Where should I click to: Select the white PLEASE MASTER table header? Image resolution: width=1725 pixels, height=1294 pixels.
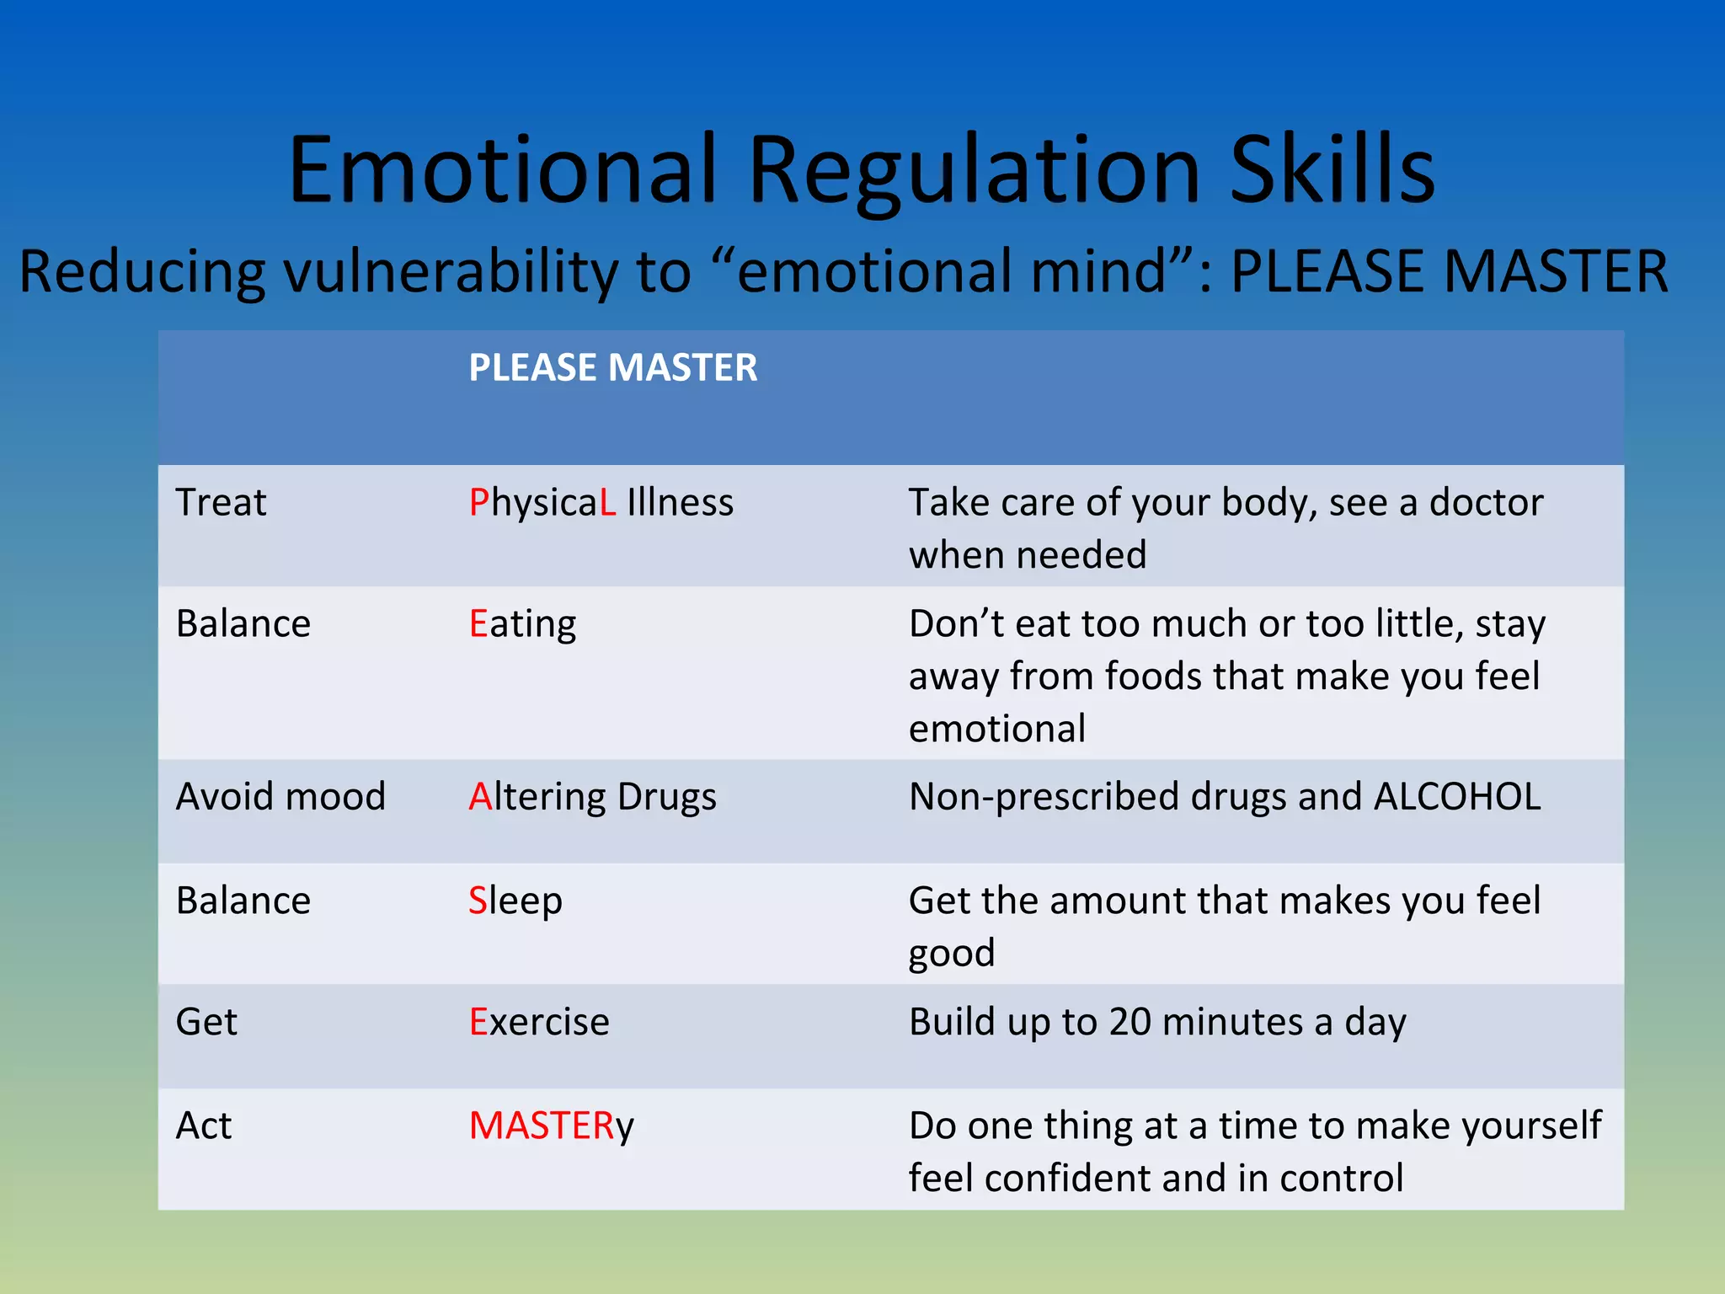click(612, 368)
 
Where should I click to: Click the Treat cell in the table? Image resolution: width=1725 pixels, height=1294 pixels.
click(221, 503)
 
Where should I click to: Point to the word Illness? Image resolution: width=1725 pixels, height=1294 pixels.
click(680, 503)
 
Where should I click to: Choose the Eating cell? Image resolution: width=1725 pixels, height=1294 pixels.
click(522, 625)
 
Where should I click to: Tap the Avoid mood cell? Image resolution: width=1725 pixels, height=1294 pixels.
click(280, 797)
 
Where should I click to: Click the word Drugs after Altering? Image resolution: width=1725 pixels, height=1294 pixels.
click(666, 798)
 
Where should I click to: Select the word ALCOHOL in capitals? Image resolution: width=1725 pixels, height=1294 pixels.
click(1457, 797)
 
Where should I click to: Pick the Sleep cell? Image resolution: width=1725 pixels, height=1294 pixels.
click(515, 901)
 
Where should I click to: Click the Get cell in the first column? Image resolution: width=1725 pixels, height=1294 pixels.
click(206, 1023)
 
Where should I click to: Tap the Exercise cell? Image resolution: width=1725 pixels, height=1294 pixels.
click(539, 1023)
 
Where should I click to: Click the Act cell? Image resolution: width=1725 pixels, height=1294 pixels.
click(203, 1126)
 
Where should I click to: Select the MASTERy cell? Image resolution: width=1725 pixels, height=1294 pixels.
click(551, 1126)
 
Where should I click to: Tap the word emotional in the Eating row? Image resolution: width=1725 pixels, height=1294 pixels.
click(996, 729)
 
